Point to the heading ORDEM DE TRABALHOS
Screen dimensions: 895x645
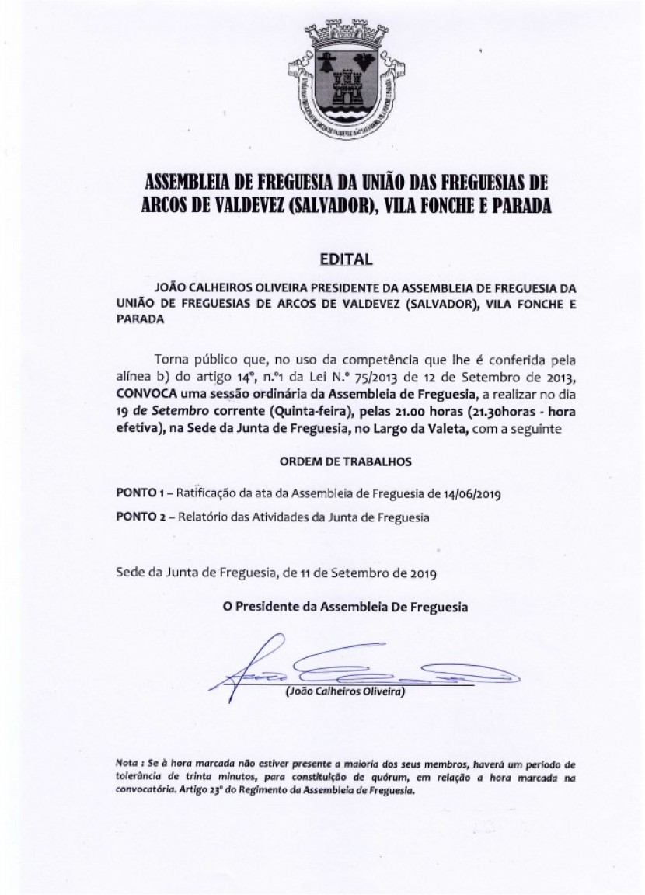click(345, 461)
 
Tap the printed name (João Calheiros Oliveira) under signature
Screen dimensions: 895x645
click(345, 691)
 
